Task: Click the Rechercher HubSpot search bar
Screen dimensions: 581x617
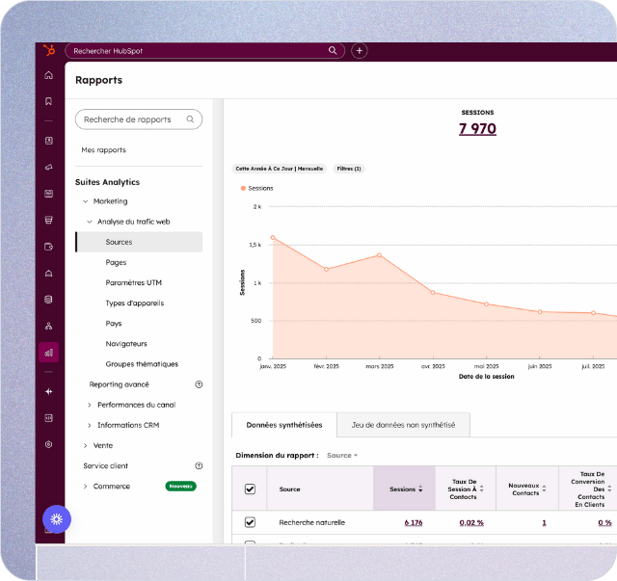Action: (x=202, y=50)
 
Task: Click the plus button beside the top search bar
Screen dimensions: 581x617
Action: (x=360, y=50)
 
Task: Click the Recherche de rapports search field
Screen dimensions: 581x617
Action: (x=139, y=119)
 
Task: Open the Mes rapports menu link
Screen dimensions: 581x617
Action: (x=103, y=150)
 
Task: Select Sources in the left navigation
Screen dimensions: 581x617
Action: (x=119, y=242)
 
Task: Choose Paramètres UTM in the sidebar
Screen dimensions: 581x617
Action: (x=134, y=282)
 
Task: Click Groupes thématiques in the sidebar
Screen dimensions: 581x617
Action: (x=142, y=364)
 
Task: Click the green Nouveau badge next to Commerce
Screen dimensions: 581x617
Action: (x=180, y=487)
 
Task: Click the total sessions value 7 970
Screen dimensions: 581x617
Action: (x=477, y=128)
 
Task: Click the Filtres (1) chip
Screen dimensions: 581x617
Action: (x=348, y=169)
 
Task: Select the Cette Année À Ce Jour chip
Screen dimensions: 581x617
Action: (x=280, y=169)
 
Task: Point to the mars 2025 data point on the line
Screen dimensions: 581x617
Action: (x=379, y=255)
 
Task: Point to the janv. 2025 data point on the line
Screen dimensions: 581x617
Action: (x=273, y=237)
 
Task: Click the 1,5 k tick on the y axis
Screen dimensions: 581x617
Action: (x=255, y=245)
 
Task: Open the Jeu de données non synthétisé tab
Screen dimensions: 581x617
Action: (x=403, y=425)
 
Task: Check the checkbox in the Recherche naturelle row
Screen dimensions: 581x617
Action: (x=251, y=522)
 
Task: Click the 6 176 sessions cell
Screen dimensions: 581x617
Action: (x=413, y=522)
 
